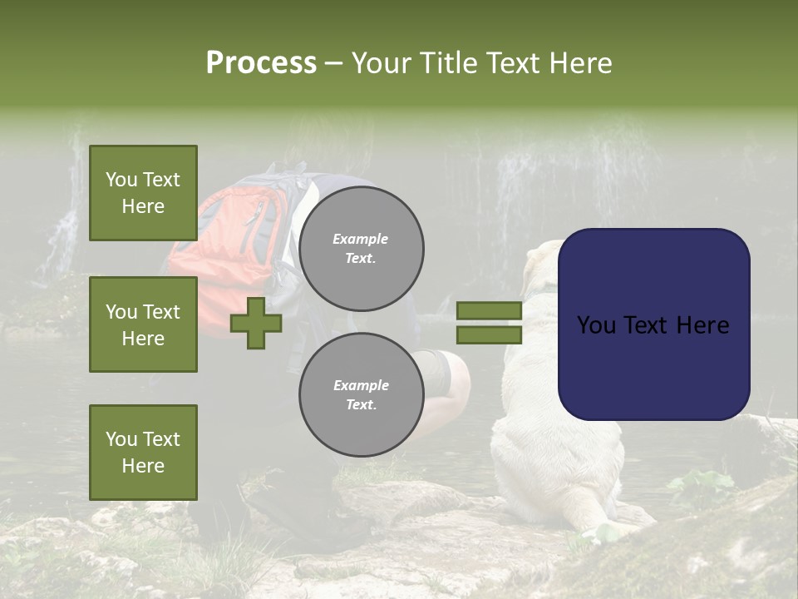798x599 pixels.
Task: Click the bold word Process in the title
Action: click(261, 63)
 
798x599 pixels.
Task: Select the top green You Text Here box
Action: click(143, 193)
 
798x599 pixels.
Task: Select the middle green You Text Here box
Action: click(143, 324)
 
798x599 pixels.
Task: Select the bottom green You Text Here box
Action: click(143, 453)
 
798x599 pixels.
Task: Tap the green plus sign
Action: click(256, 323)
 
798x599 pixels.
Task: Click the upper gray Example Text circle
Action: click(361, 249)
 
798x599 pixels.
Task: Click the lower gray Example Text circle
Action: click(361, 395)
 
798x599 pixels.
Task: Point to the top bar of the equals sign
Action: click(489, 310)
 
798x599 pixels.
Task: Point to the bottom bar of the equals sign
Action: click(489, 335)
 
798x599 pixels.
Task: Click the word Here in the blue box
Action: click(702, 325)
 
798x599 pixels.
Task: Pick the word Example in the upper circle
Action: click(361, 239)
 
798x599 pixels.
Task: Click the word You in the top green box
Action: click(121, 180)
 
